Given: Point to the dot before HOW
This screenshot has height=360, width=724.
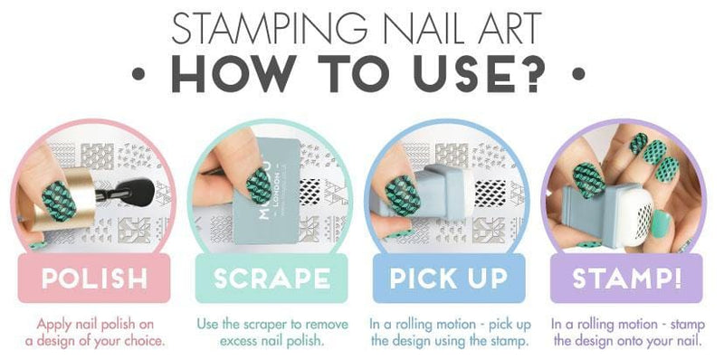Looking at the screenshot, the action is pos(138,74).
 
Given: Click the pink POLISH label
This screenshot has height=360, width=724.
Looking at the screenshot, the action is pos(94,278).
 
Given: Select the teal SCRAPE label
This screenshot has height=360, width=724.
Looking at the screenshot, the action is pos(271,278).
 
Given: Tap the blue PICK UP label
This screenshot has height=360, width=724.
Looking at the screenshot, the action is pos(449,278).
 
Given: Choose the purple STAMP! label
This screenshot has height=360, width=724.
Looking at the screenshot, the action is pos(626,278).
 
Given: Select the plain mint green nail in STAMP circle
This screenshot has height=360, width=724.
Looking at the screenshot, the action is pos(662,223).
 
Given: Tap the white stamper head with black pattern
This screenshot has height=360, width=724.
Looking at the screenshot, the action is pos(638,215).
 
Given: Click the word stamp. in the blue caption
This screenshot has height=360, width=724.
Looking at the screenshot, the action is pos(511,342).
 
